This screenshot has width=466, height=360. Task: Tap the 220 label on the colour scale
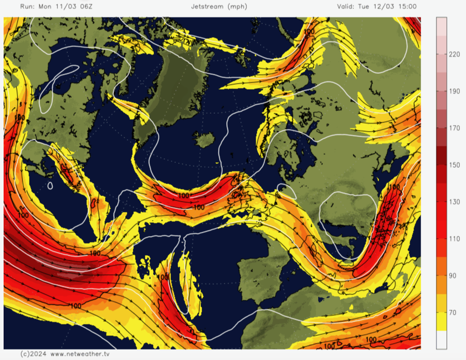click(454, 55)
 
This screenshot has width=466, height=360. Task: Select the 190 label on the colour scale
click(454, 91)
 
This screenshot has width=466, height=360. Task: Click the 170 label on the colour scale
click(454, 128)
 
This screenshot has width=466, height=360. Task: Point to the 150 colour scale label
click(454, 165)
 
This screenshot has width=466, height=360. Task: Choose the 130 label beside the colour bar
click(454, 202)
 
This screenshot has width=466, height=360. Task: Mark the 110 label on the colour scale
click(454, 239)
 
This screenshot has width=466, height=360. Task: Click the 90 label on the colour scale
click(454, 275)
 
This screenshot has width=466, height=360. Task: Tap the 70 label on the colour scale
click(454, 312)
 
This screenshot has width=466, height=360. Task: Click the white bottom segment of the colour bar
click(441, 340)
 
